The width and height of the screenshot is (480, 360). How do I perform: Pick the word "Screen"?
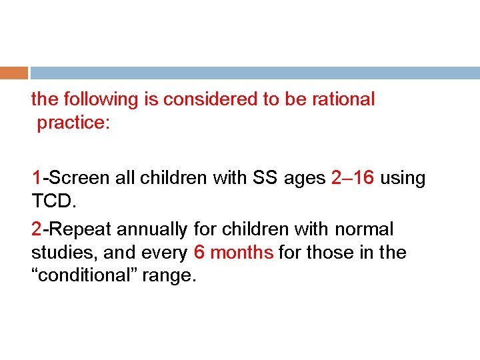pos(71,178)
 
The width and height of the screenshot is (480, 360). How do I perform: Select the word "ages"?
pos(304,178)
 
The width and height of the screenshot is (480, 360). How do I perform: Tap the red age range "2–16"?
pos(353,178)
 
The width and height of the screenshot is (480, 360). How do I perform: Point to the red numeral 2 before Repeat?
pos(37,229)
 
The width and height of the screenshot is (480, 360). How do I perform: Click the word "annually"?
pos(153,229)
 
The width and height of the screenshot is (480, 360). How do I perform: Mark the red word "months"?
pos(243,253)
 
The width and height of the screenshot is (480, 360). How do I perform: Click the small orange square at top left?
pos(14,72)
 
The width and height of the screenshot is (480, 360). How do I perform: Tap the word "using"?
pos(403,178)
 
